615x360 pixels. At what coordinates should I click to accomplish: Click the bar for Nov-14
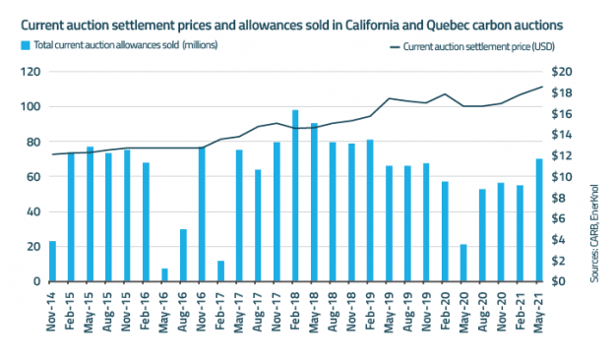click(52, 262)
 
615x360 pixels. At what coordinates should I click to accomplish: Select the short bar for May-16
click(164, 275)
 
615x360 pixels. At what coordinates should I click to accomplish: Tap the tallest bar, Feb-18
click(295, 196)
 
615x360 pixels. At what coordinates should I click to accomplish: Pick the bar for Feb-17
click(220, 271)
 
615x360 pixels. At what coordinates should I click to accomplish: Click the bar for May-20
click(463, 264)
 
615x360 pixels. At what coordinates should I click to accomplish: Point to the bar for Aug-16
click(183, 256)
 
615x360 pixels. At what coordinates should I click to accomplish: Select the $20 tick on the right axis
click(563, 72)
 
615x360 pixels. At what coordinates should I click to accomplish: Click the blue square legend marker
click(24, 45)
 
